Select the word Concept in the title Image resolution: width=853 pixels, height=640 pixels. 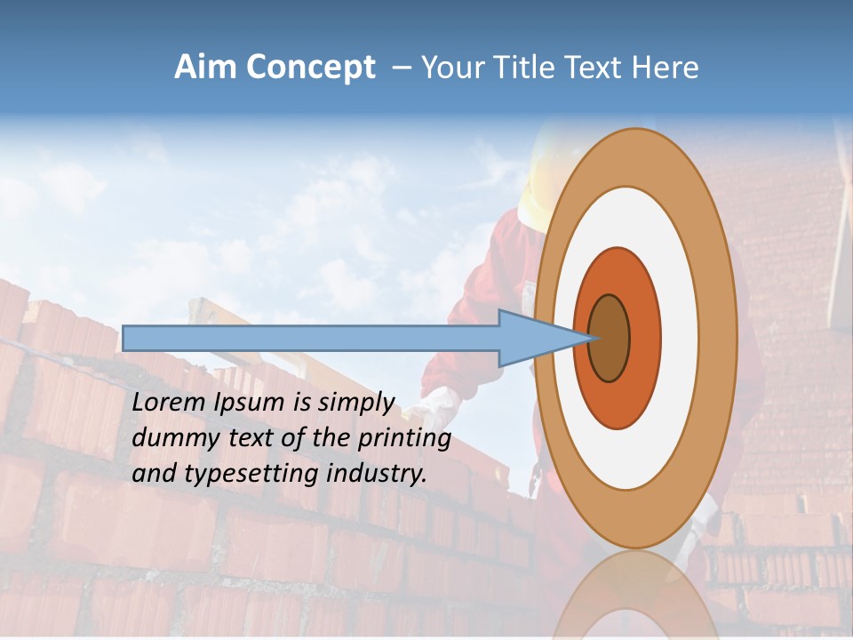[x=309, y=68]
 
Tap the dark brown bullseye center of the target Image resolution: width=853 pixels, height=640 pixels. [x=610, y=339]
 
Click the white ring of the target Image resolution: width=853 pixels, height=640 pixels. [x=680, y=339]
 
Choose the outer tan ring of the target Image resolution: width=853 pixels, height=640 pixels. [x=720, y=339]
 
